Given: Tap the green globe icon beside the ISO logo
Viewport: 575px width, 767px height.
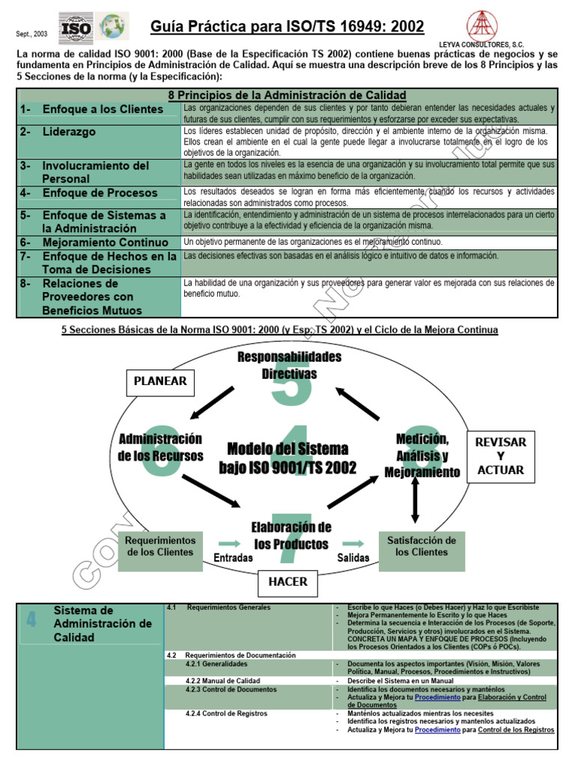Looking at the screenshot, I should pyautogui.click(x=114, y=28).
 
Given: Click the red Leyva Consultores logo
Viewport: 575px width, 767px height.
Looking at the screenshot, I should pyautogui.click(x=485, y=26).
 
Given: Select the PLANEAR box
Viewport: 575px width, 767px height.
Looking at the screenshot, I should pyautogui.click(x=160, y=381).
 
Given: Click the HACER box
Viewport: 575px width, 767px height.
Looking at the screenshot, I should pyautogui.click(x=287, y=581).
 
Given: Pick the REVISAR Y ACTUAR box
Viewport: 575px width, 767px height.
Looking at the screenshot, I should pyautogui.click(x=501, y=455).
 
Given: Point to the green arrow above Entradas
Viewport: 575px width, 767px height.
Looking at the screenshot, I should pyautogui.click(x=229, y=543).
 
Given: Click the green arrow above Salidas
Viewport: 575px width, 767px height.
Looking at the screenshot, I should pyautogui.click(x=353, y=543).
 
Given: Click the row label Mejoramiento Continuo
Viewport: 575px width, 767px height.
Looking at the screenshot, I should pyautogui.click(x=106, y=243).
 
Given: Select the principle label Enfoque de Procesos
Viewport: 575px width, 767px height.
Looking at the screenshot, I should pyautogui.click(x=100, y=192).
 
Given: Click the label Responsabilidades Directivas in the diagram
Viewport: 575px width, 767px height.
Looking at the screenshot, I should pyautogui.click(x=289, y=365).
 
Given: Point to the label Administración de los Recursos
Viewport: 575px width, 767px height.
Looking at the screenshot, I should pyautogui.click(x=160, y=446).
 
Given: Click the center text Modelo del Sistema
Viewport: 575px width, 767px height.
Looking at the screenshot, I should pyautogui.click(x=287, y=449).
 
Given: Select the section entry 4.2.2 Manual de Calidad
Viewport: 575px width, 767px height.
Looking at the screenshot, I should pyautogui.click(x=223, y=680).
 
